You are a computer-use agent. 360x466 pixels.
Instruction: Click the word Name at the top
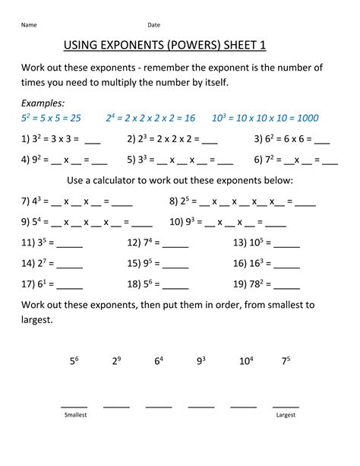29,24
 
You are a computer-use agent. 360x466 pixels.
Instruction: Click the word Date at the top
153,24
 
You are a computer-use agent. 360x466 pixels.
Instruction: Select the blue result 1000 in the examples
305,118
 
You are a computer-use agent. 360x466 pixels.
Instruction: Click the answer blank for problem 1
93,141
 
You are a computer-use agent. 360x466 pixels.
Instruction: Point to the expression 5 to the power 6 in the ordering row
74,362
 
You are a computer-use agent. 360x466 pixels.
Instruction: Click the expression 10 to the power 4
246,362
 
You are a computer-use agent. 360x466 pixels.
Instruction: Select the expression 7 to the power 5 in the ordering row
286,362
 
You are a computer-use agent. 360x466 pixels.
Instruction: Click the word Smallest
74,416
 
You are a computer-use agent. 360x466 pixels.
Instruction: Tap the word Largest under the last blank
286,416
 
